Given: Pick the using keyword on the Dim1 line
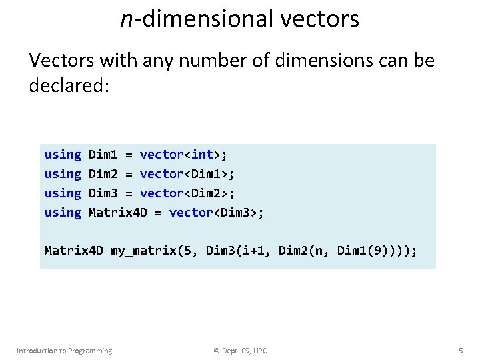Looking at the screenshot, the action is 63,155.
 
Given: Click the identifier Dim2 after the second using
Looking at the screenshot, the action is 103,174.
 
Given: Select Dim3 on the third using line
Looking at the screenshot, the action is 103,193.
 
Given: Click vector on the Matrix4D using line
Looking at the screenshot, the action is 191,213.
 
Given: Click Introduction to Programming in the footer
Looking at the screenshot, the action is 64,351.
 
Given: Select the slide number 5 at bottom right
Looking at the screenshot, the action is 461,351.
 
